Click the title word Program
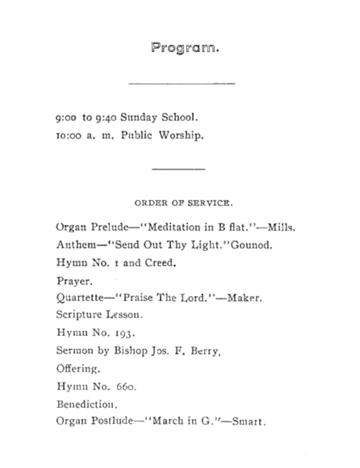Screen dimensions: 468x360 pyautogui.click(x=184, y=48)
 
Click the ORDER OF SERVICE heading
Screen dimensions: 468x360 pyautogui.click(x=183, y=203)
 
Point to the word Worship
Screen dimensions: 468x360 pyautogui.click(x=181, y=136)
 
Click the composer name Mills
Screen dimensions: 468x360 pyautogui.click(x=281, y=227)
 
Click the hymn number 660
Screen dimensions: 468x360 pyautogui.click(x=126, y=386)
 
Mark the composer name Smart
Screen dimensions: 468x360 pyautogui.click(x=248, y=421)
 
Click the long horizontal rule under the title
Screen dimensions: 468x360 pyautogui.click(x=181, y=83)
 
